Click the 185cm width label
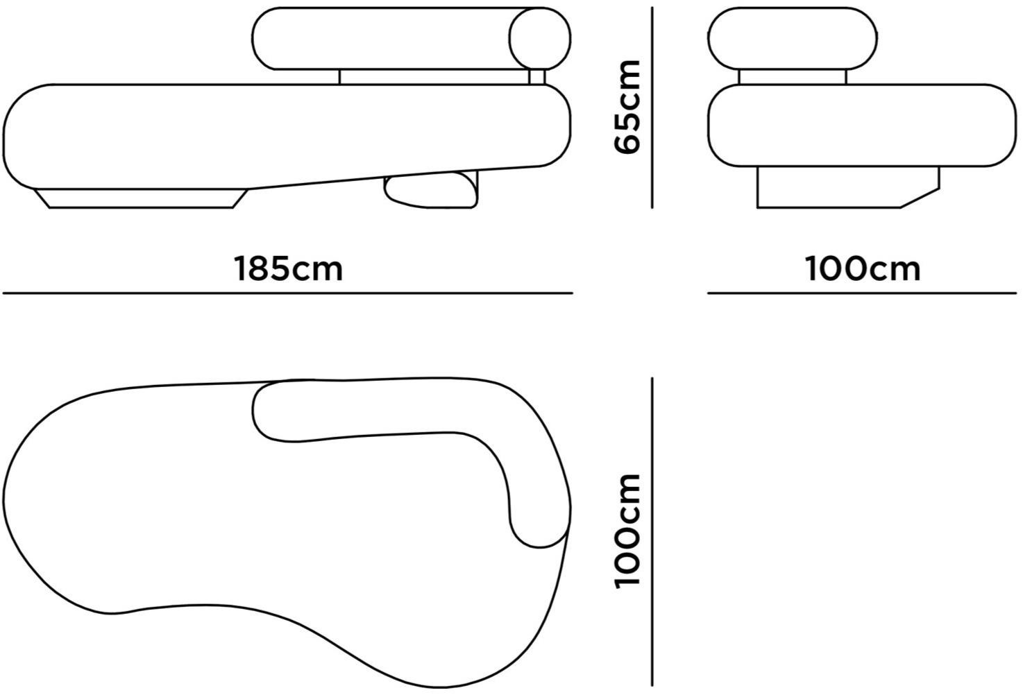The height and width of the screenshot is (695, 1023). point(288,269)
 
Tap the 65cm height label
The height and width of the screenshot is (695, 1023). point(627,106)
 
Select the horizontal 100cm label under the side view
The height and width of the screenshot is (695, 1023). point(862,269)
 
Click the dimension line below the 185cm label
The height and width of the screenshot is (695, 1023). point(288,293)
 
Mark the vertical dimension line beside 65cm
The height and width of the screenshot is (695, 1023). point(652,108)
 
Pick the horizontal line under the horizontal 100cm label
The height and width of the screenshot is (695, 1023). point(862,293)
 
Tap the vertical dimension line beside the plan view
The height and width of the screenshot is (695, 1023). point(652,531)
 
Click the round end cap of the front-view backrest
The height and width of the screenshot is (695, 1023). point(540,38)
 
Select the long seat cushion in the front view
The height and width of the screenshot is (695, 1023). point(287,136)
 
